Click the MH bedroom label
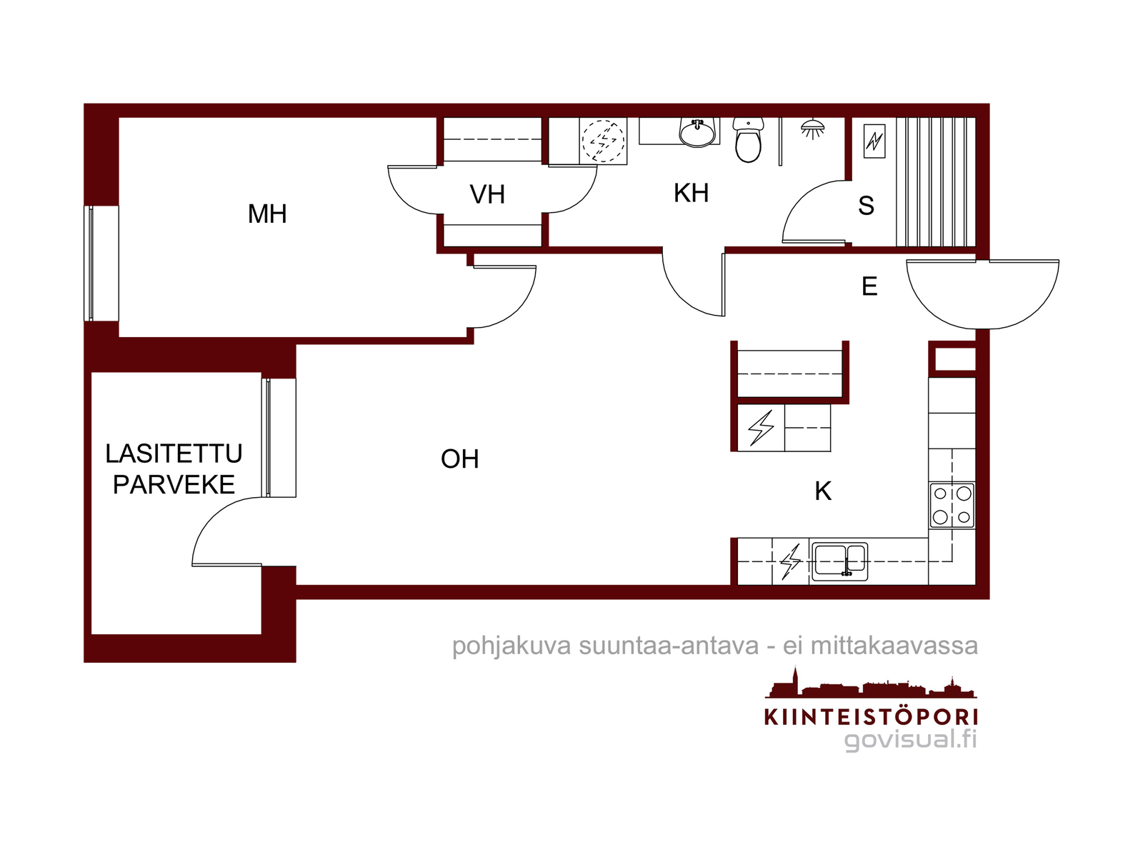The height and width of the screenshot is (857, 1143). pyautogui.click(x=267, y=214)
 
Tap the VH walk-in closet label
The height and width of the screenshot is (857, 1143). pyautogui.click(x=487, y=194)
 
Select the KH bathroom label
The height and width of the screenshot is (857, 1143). pyautogui.click(x=691, y=193)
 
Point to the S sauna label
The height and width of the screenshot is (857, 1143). pyautogui.click(x=866, y=206)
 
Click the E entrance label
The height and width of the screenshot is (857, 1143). pyautogui.click(x=869, y=286)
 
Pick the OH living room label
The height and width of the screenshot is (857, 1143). pyautogui.click(x=460, y=459)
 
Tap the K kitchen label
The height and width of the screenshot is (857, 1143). pyautogui.click(x=823, y=491)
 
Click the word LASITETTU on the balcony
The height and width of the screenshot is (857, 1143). pyautogui.click(x=174, y=453)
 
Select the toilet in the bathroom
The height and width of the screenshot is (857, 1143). pyautogui.click(x=748, y=139)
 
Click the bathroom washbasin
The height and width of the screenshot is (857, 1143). pyautogui.click(x=697, y=132)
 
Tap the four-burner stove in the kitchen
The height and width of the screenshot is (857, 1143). pyautogui.click(x=952, y=505)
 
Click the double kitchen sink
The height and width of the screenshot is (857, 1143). pyautogui.click(x=839, y=561)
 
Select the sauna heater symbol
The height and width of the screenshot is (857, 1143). pyautogui.click(x=874, y=141)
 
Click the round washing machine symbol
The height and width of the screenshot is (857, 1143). pyautogui.click(x=603, y=141)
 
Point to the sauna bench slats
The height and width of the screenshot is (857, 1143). pyautogui.click(x=936, y=181)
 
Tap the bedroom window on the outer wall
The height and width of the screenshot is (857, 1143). pyautogui.click(x=101, y=264)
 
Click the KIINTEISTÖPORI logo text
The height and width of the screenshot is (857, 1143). pyautogui.click(x=871, y=716)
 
